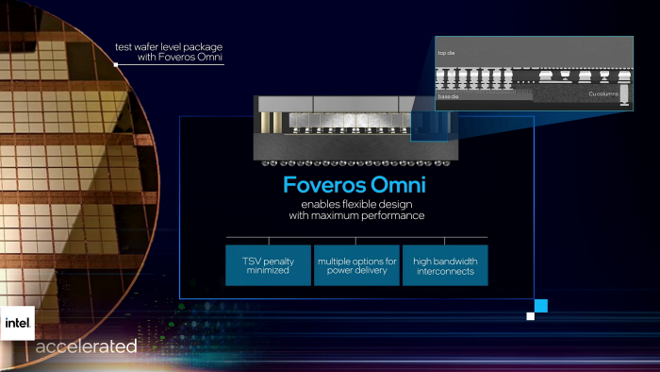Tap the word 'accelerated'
pos(86,347)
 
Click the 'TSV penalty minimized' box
pos(269,265)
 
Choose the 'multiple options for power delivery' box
pos(357,265)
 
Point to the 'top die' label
pos(448,53)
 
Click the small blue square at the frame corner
pos(541,305)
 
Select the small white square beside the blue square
pos(530,316)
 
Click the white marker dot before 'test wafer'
pos(115,65)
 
